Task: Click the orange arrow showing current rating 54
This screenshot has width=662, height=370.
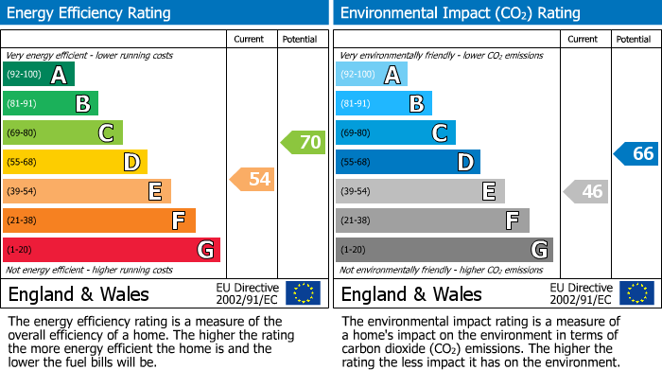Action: (x=253, y=179)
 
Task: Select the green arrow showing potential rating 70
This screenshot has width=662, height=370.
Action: (x=303, y=143)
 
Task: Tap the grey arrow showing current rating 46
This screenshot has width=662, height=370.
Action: (x=585, y=191)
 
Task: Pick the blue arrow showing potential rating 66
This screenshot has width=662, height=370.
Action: (x=636, y=153)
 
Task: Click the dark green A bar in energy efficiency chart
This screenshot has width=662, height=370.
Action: (x=39, y=75)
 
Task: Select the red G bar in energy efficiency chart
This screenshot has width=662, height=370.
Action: (x=112, y=250)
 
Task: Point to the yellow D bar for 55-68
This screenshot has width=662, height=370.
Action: (x=75, y=163)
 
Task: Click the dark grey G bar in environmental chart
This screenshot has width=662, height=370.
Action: (x=444, y=250)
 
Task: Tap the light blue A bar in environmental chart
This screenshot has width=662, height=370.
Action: (x=372, y=75)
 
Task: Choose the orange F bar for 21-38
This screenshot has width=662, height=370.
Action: (x=99, y=220)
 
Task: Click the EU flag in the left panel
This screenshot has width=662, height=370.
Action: (x=303, y=293)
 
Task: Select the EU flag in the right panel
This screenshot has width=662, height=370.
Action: (x=636, y=293)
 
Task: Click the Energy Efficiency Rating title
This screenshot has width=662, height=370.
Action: (x=89, y=13)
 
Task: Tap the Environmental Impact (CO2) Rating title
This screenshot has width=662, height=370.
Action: (x=460, y=13)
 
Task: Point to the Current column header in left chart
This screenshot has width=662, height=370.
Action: (x=252, y=39)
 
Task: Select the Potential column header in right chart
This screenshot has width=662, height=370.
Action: (x=634, y=39)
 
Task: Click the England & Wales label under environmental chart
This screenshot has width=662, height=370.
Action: (x=411, y=293)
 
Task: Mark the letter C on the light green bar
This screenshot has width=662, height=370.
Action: (x=107, y=133)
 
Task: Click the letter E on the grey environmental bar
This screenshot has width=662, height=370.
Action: (x=489, y=192)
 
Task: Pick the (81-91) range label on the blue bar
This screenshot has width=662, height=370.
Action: (x=356, y=104)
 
